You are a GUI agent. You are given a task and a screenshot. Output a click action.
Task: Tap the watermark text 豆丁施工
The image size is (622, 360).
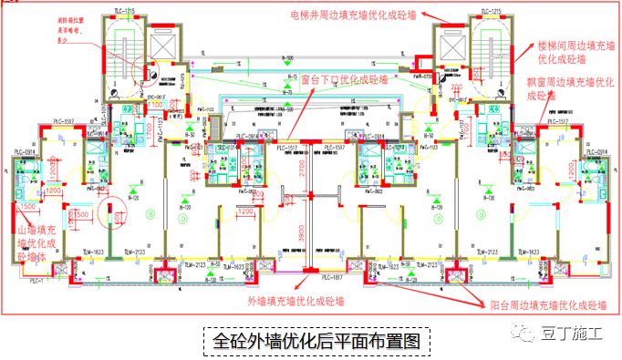pos(573,334)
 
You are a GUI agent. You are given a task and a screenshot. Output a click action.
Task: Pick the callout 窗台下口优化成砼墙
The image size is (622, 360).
pos(347,79)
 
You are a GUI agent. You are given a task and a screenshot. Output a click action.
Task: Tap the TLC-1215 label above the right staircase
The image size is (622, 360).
pos(490,11)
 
